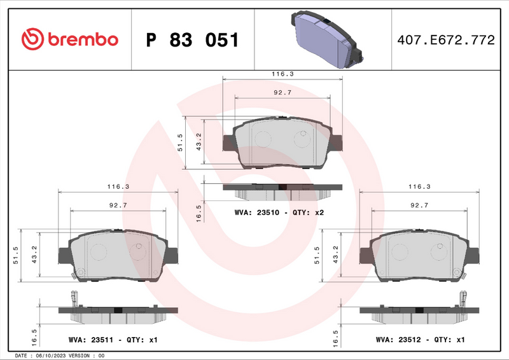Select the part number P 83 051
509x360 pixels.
pyautogui.click(x=193, y=40)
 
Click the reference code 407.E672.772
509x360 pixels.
pyautogui.click(x=445, y=40)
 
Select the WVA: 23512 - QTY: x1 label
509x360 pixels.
pyautogui.click(x=421, y=340)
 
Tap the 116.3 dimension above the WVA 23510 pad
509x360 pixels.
pyautogui.click(x=282, y=74)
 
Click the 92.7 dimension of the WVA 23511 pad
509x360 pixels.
pyautogui.click(x=118, y=205)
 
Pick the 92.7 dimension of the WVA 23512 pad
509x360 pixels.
pyautogui.click(x=419, y=205)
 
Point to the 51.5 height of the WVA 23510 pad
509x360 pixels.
pyautogui.click(x=180, y=143)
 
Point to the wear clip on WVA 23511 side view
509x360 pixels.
pyautogui.click(x=74, y=298)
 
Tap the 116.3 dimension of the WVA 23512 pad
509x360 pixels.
pyautogui.click(x=419, y=187)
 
